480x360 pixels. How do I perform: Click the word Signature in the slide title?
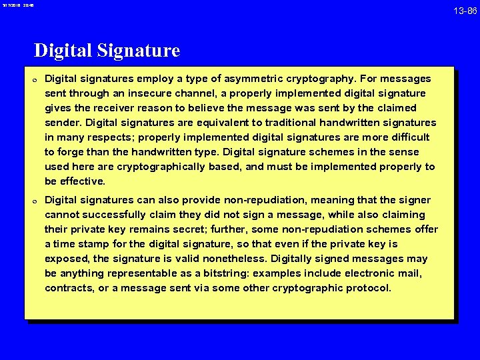[144, 51]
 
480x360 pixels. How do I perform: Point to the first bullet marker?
[33, 79]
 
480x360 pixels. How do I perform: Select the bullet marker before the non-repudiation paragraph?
[33, 201]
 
